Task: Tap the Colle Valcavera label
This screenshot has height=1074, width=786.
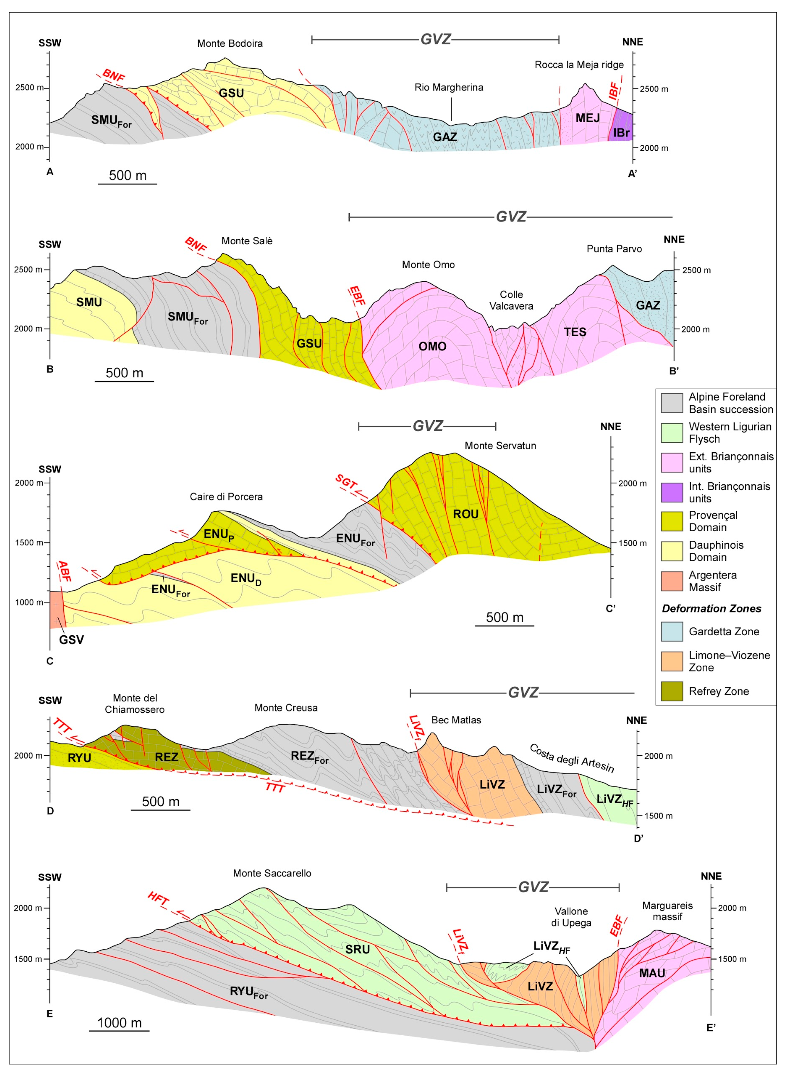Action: (x=511, y=300)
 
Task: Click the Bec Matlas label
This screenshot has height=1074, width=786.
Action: (x=456, y=720)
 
